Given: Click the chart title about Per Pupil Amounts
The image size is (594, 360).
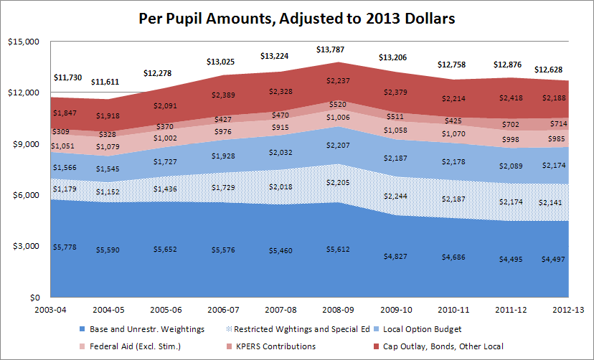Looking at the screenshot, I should click(x=297, y=19).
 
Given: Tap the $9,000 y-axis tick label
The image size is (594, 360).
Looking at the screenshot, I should click(x=22, y=144).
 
